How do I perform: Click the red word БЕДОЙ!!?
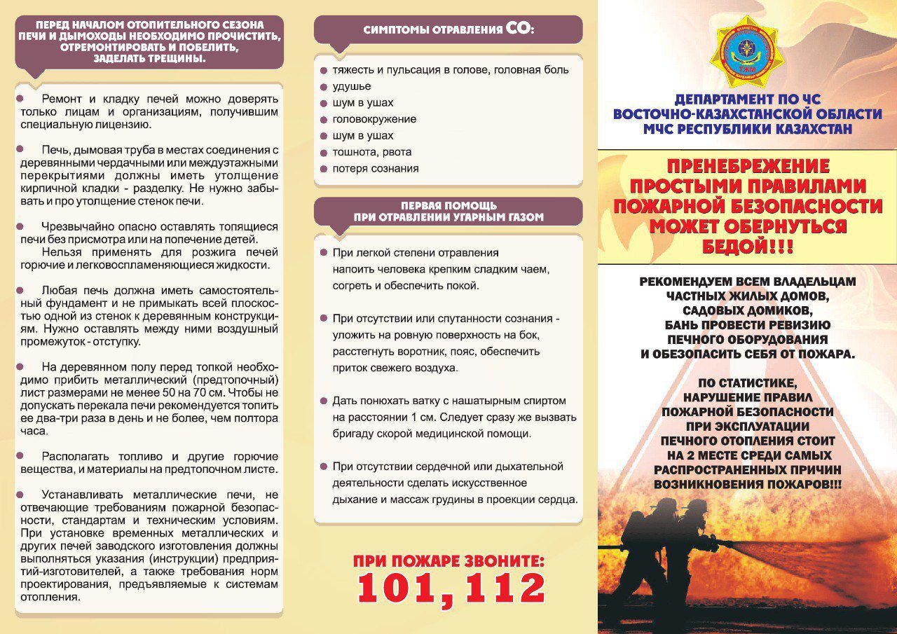(x=747, y=247)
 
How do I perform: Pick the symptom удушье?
(x=351, y=86)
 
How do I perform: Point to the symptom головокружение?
(x=374, y=119)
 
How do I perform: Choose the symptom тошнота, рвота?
(x=372, y=152)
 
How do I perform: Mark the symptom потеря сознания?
(x=376, y=169)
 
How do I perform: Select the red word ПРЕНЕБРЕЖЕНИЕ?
(x=747, y=167)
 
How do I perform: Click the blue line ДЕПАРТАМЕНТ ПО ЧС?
(x=747, y=99)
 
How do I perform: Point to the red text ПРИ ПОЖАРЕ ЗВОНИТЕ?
(x=448, y=562)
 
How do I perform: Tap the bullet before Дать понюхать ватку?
(x=324, y=401)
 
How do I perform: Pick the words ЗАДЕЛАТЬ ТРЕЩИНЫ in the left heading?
(x=150, y=60)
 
